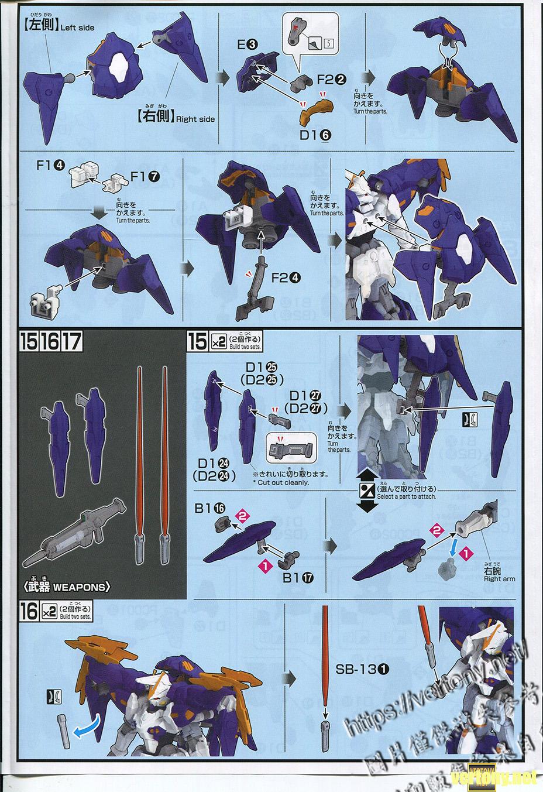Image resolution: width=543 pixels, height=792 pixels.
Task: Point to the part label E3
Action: pos(246,44)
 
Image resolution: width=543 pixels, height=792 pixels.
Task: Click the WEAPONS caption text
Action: pos(73,587)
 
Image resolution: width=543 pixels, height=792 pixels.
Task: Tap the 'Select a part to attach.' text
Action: pos(406,496)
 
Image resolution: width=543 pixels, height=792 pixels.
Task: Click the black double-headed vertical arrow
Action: pos(365,490)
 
